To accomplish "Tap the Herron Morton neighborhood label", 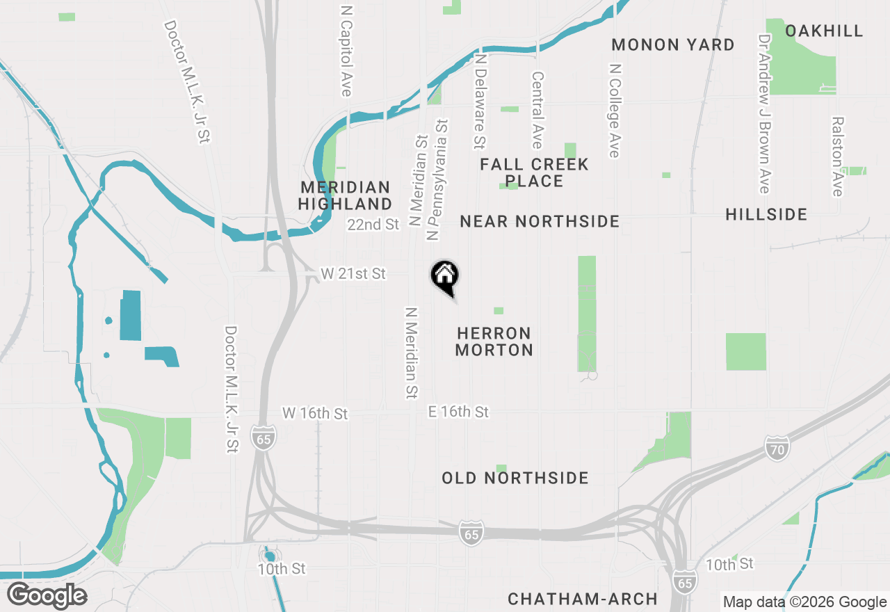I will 494,341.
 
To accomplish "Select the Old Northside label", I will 515,478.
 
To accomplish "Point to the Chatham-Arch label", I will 583,599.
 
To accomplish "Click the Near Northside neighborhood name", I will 540,221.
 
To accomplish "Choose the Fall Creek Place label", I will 534,172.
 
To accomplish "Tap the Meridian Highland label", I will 346,195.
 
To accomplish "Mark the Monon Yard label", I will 673,45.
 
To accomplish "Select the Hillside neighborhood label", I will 766,214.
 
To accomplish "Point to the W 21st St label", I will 353,274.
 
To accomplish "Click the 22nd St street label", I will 373,224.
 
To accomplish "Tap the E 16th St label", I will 458,412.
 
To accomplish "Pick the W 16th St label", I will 315,413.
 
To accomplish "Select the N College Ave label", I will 614,111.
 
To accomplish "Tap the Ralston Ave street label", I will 837,156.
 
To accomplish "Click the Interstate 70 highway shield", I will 777,449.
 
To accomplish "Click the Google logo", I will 47,596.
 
